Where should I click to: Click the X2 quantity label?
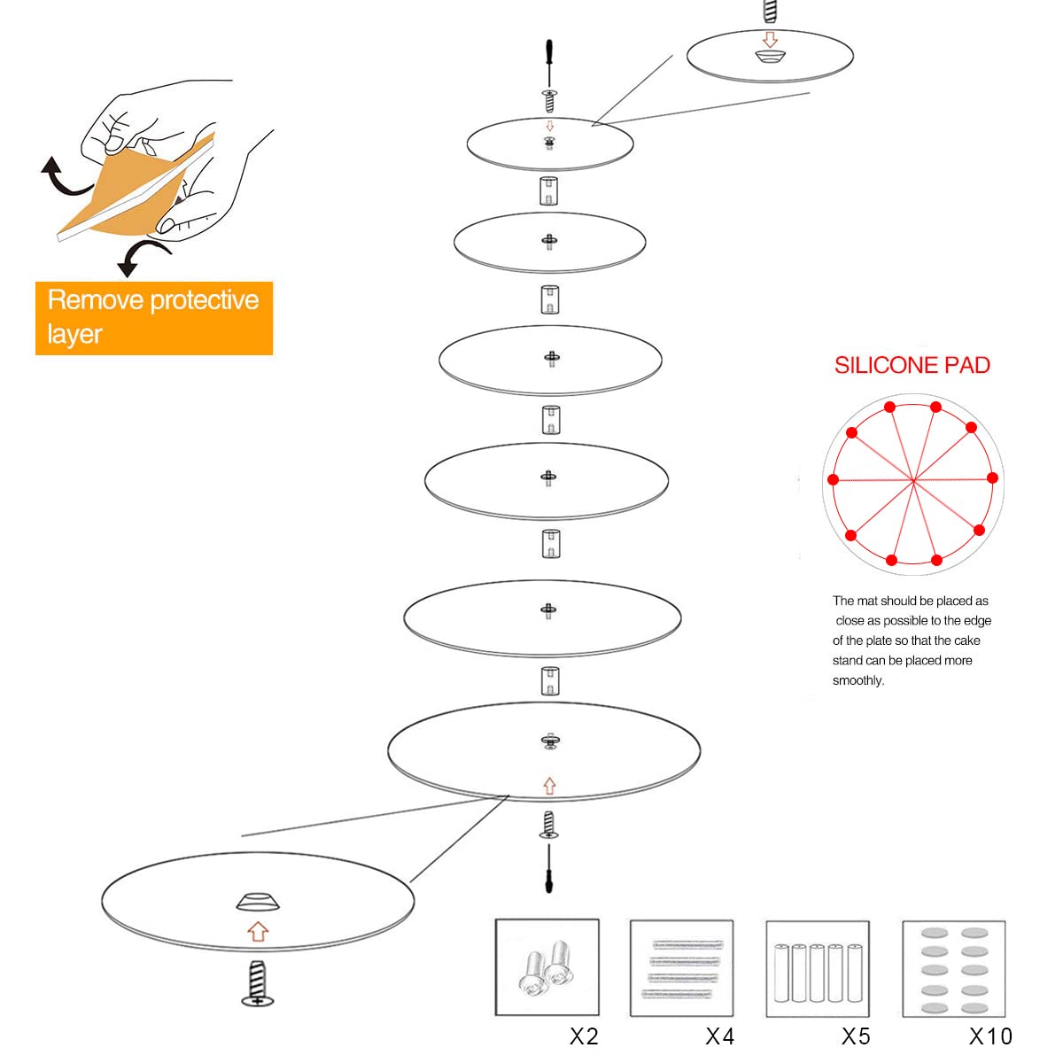tap(584, 1036)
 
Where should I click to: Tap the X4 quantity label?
tap(720, 1036)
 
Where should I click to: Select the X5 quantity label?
tap(856, 1036)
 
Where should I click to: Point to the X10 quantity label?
tap(990, 1036)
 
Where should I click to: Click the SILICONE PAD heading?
tap(912, 365)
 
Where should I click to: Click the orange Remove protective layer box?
tap(154, 318)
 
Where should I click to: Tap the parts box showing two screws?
tap(547, 967)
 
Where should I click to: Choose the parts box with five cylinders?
tap(818, 968)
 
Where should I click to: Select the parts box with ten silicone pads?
tap(954, 968)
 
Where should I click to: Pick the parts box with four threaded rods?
tap(682, 967)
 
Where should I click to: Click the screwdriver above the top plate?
tap(549, 62)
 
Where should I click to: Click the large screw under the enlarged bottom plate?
tap(258, 983)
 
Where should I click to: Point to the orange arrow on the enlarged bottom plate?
tap(258, 931)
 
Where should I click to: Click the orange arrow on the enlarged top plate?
tap(770, 39)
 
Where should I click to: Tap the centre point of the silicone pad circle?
tap(913, 481)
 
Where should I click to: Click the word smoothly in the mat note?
tap(857, 680)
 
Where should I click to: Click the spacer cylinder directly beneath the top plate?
tap(548, 190)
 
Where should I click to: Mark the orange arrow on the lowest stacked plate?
tap(549, 786)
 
